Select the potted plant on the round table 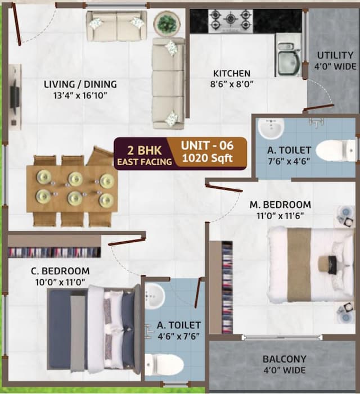point(166,24)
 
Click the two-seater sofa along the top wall point(116,25)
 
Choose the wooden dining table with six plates point(72,189)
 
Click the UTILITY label point(335,56)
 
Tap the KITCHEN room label point(231,74)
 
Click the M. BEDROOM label point(280,205)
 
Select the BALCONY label point(284,359)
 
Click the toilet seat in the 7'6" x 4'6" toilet point(335,151)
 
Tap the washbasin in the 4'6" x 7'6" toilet point(154,296)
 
